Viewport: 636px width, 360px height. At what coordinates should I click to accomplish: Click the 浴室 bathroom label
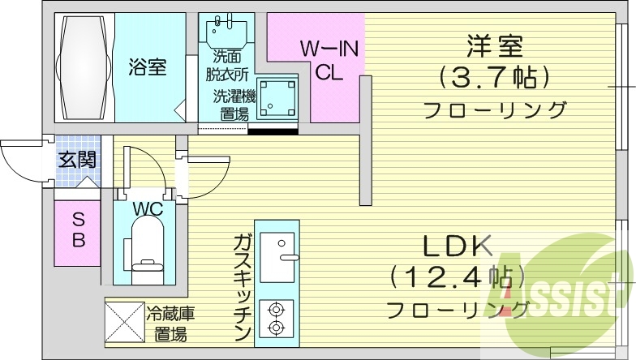click(x=147, y=68)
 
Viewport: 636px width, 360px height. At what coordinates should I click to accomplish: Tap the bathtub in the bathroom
click(x=84, y=68)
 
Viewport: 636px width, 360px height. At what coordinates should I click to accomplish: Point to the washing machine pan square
click(x=277, y=99)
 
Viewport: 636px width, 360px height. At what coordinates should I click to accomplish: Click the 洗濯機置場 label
click(x=234, y=105)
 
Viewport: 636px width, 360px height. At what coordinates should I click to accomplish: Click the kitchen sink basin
click(x=276, y=246)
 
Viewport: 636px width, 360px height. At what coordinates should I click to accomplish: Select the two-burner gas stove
click(x=276, y=318)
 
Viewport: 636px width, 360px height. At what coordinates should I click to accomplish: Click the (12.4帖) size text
click(x=456, y=277)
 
